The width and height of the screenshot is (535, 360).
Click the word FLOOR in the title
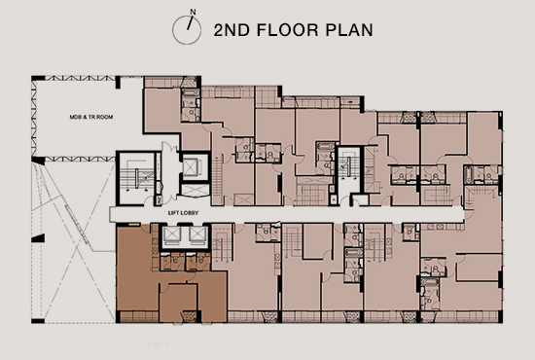point(287,30)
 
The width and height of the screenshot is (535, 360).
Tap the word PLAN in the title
point(349,30)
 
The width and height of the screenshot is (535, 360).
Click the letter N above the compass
point(193,12)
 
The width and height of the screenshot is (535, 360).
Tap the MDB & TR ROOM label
point(91,117)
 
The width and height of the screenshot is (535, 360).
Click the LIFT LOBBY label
point(183,213)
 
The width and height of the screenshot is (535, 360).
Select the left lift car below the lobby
point(171,234)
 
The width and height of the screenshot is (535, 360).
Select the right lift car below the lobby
point(197,234)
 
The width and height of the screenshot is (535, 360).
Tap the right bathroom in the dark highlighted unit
point(197,262)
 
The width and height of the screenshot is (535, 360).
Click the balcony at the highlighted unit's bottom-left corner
point(137,316)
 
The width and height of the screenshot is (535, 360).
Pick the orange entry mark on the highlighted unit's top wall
point(134,224)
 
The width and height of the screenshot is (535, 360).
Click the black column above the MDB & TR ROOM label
point(118,83)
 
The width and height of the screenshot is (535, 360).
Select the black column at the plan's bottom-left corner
point(38,321)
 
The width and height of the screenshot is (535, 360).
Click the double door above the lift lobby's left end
point(169,148)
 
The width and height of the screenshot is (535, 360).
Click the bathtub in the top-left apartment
point(188,93)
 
